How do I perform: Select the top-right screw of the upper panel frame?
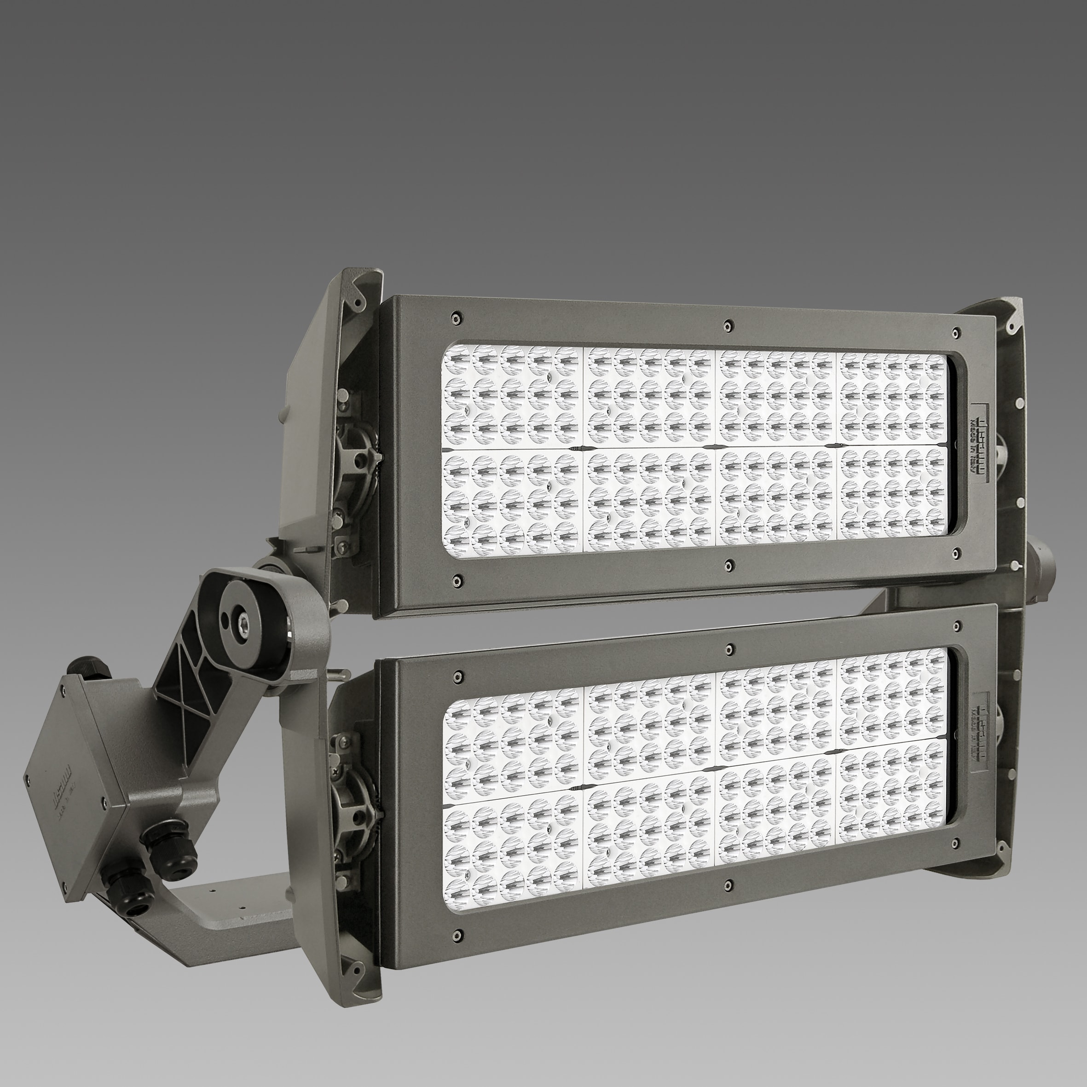pyautogui.click(x=955, y=333)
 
